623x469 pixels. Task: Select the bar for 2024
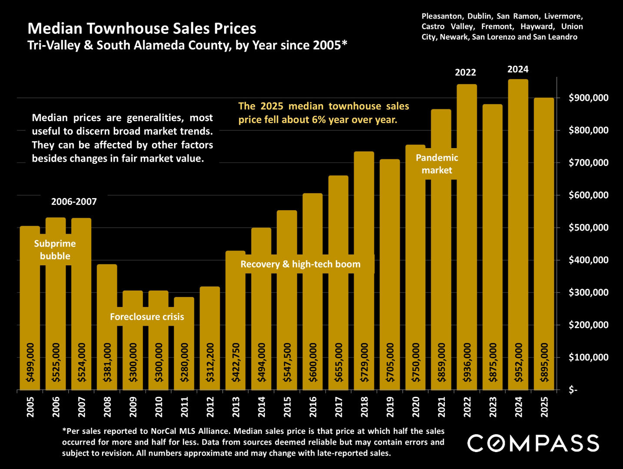click(x=518, y=217)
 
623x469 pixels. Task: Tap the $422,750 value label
click(x=236, y=363)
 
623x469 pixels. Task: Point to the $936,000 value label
click(x=467, y=363)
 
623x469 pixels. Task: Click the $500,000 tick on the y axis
click(x=588, y=228)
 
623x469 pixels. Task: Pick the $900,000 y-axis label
click(x=588, y=98)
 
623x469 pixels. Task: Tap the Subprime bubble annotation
click(x=55, y=250)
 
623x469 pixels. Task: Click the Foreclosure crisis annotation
click(x=147, y=317)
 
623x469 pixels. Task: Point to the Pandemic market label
click(x=437, y=164)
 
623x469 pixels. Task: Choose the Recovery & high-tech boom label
click(x=300, y=264)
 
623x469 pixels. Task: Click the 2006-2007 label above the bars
click(x=74, y=201)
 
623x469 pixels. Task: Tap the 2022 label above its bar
click(x=465, y=73)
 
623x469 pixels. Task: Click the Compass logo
click(x=533, y=443)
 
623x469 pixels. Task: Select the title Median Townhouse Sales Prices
click(x=142, y=29)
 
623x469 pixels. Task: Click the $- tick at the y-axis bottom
click(x=573, y=390)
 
